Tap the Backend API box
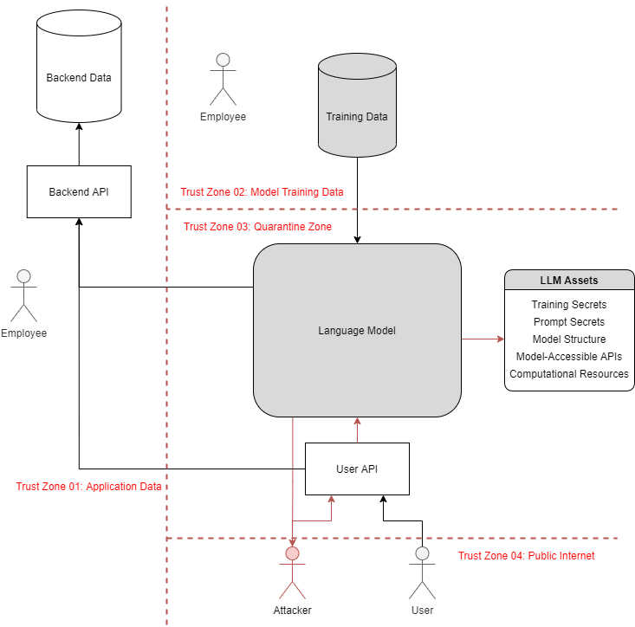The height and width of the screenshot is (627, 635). (78, 191)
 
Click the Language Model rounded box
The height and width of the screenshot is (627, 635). (356, 330)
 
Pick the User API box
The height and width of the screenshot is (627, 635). (356, 469)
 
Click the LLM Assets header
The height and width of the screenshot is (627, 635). (569, 281)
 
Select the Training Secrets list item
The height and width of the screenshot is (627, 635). (569, 305)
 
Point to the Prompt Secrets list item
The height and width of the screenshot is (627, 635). (569, 322)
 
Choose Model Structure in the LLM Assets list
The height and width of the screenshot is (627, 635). (569, 339)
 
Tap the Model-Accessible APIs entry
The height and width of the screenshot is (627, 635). (569, 357)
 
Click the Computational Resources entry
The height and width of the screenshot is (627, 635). (569, 374)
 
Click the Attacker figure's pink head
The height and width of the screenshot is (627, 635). (293, 553)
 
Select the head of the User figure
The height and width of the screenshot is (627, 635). (422, 553)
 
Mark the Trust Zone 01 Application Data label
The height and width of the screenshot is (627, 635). (89, 487)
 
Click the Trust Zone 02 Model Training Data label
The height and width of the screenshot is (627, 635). (262, 192)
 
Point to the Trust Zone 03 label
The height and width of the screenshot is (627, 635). (258, 227)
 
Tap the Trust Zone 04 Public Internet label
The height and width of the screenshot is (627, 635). (526, 556)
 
